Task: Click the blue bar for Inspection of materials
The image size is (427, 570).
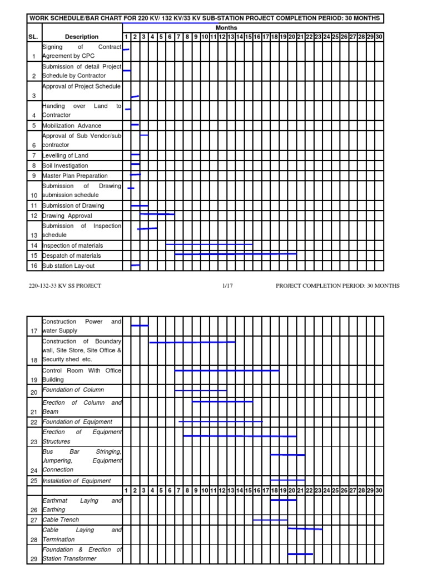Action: tap(209, 244)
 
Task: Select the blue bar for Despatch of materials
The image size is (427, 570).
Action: tap(236, 254)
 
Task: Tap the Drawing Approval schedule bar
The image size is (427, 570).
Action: tap(157, 214)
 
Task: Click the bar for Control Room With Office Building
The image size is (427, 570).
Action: tap(227, 370)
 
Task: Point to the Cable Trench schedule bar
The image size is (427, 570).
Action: tap(270, 520)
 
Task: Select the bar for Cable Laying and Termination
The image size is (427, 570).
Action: tap(305, 528)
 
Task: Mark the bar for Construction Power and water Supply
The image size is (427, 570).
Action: tap(140, 325)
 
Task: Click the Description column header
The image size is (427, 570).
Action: tap(82, 37)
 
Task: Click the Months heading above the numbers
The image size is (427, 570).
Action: tap(226, 28)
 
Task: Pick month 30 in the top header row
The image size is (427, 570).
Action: tap(379, 37)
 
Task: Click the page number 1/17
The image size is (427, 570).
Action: tap(226, 286)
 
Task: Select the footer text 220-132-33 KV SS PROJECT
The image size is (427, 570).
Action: tap(65, 286)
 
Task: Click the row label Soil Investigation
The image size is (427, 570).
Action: tap(65, 166)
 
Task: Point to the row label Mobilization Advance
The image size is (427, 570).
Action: tap(72, 126)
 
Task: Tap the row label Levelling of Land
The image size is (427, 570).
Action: tap(66, 156)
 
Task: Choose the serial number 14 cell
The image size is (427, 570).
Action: tap(34, 245)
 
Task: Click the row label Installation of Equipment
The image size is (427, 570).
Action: tap(77, 481)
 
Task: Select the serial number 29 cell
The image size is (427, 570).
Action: tap(34, 558)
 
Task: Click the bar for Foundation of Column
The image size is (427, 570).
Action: tap(201, 391)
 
